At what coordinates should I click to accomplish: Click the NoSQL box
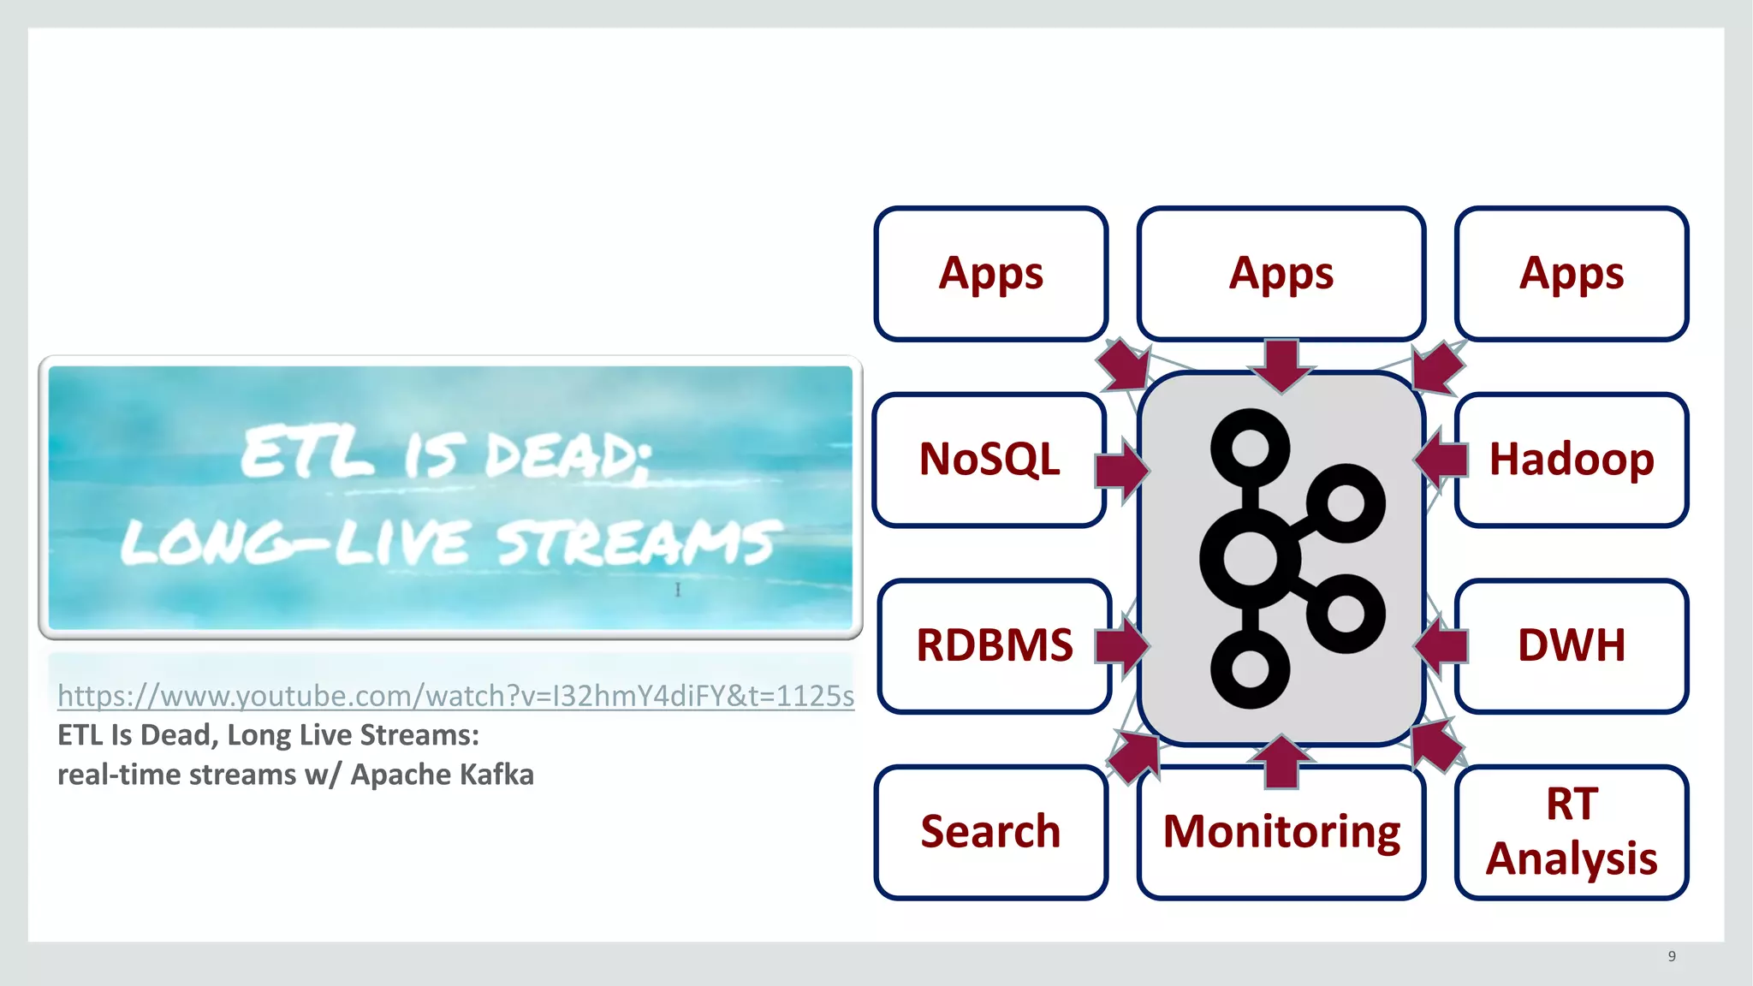[x=989, y=460]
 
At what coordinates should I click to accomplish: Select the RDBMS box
[x=994, y=645]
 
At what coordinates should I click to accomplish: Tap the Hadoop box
[x=1572, y=460]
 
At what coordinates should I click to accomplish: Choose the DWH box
[x=1572, y=645]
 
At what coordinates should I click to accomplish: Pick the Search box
[x=990, y=832]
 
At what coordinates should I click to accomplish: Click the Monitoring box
[x=1281, y=832]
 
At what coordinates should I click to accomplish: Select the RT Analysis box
[x=1572, y=832]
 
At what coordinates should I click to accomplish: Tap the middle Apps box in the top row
[x=1281, y=274]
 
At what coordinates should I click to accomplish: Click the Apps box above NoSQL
[x=990, y=274]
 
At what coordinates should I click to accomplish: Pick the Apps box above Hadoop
[x=1572, y=274]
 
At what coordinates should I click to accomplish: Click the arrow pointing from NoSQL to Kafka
[x=1121, y=469]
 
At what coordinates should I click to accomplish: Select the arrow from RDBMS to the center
[x=1121, y=645]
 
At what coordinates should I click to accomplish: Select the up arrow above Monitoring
[x=1281, y=760]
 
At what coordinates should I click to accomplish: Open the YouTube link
[x=455, y=696]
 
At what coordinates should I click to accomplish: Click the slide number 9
[x=1672, y=956]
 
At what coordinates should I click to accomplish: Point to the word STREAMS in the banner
[x=638, y=543]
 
